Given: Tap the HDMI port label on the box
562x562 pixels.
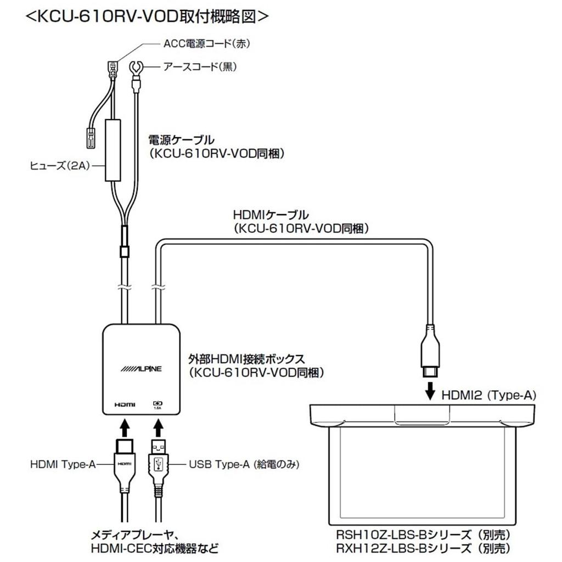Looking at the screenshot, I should point(125,404).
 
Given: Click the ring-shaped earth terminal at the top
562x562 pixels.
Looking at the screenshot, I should point(135,70).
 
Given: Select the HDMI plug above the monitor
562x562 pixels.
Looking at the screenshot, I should point(431,351).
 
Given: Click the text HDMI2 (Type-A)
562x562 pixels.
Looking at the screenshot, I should point(488,394).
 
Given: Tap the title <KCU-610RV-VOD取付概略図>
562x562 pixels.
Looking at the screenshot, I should point(147,16).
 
